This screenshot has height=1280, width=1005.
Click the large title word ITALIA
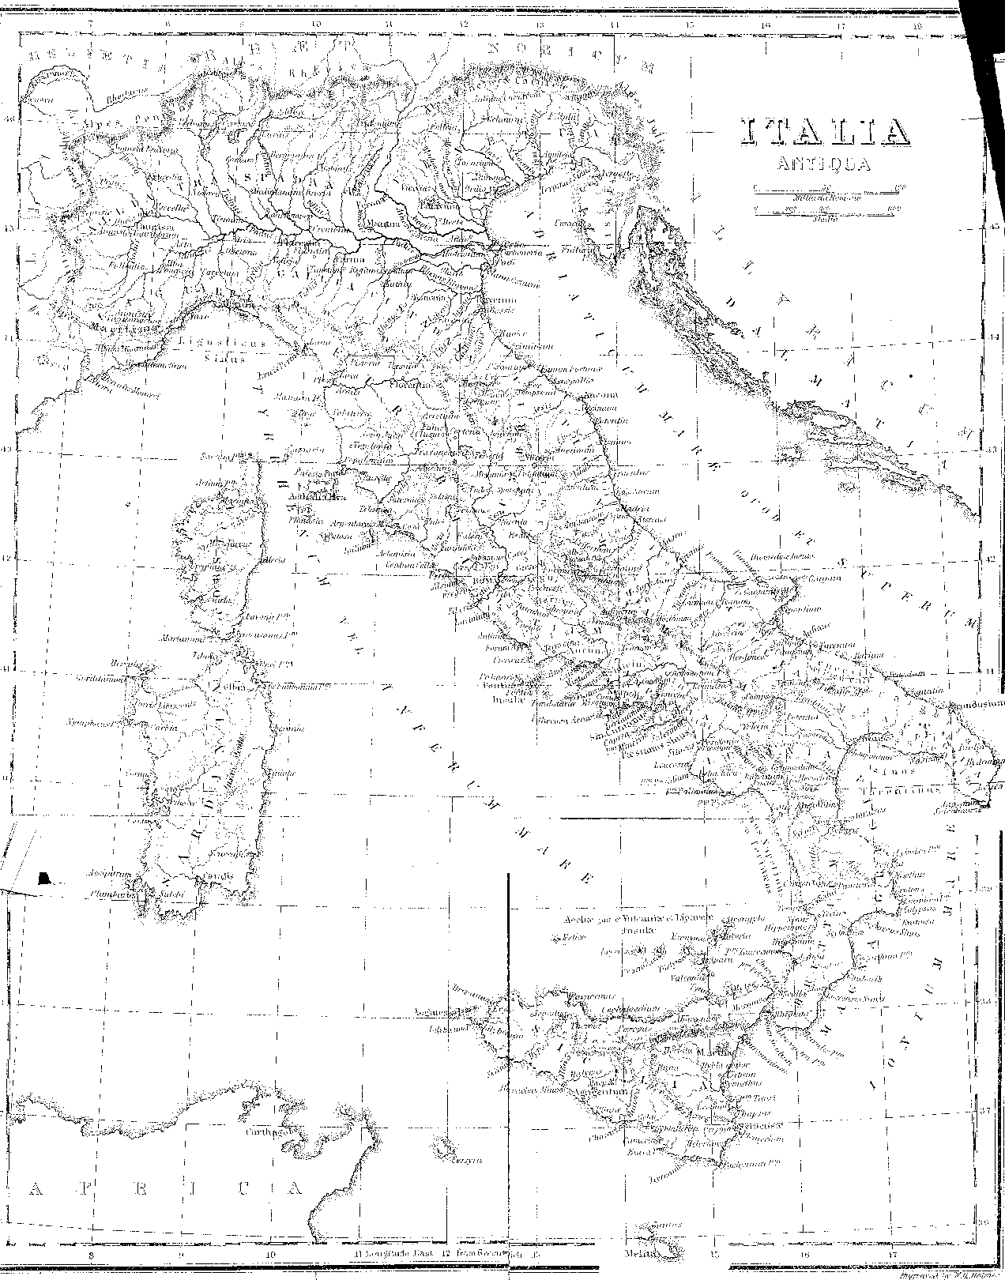[x=823, y=133]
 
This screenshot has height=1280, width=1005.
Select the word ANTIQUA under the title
[x=822, y=165]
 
